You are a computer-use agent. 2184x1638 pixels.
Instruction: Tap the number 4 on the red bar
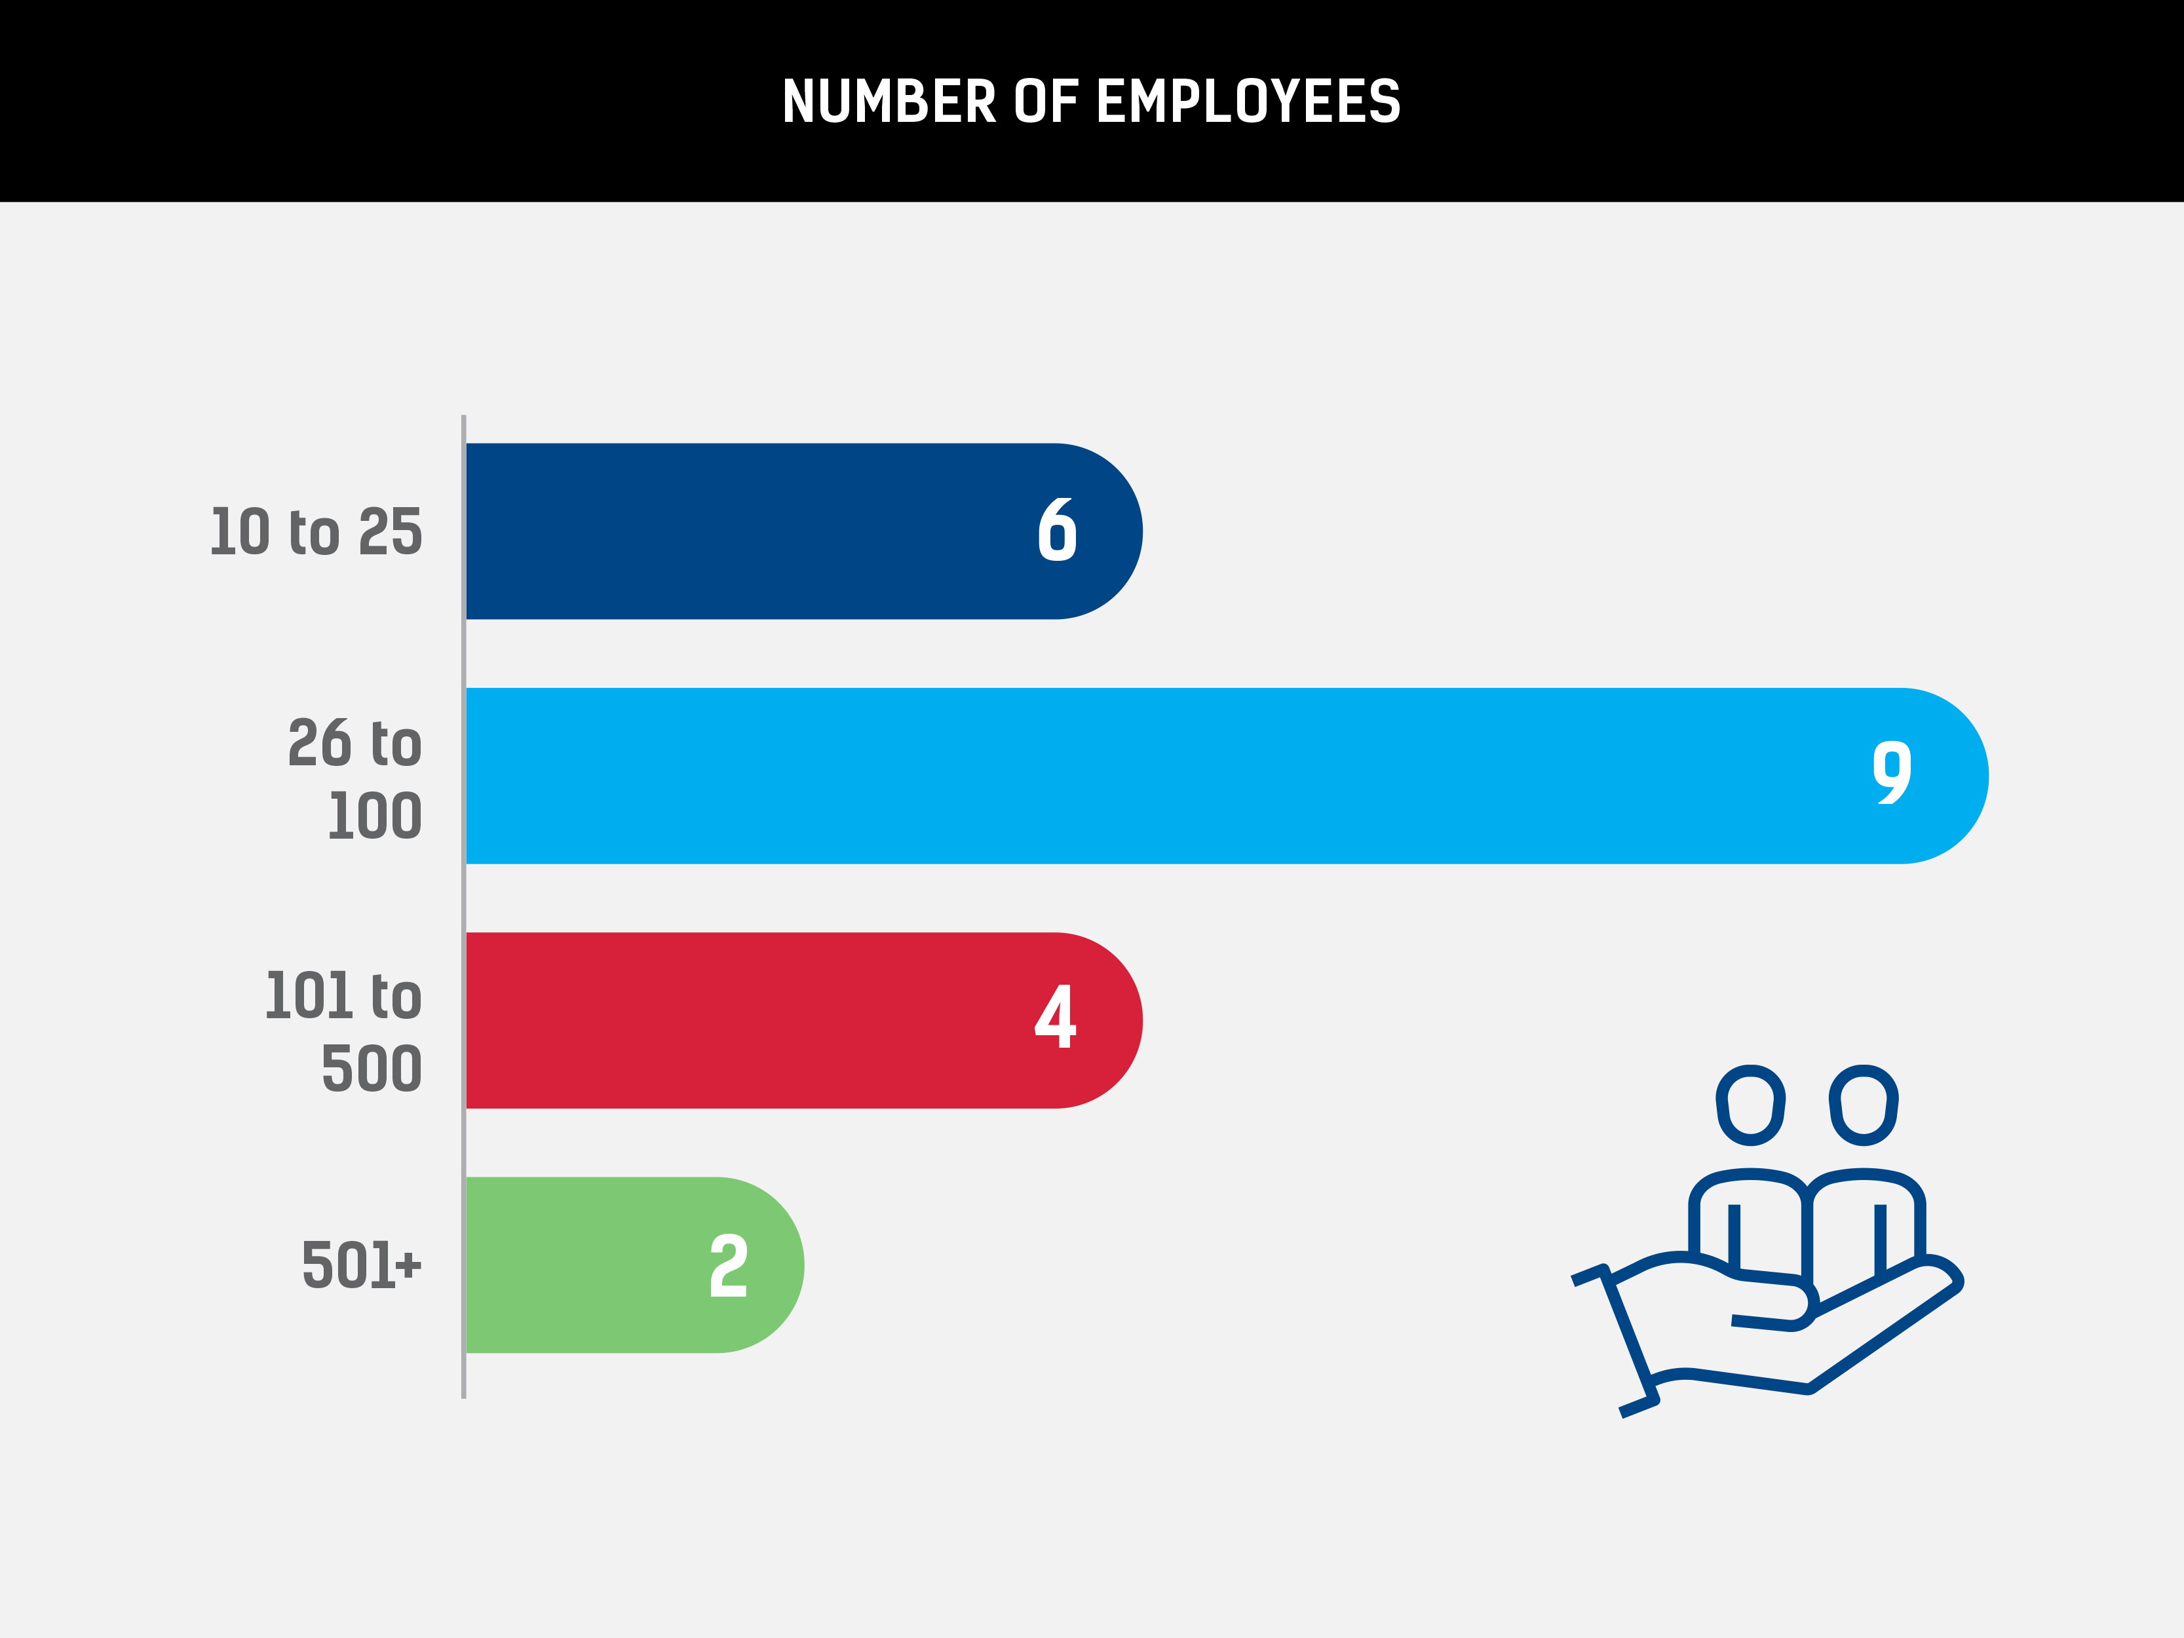coord(1054,1016)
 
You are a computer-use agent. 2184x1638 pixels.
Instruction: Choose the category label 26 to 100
coord(355,779)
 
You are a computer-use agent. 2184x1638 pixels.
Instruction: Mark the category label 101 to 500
coord(343,1032)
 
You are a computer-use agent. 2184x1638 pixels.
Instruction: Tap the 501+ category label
coord(361,1266)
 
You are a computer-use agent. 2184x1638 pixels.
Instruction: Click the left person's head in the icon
coord(1751,1105)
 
